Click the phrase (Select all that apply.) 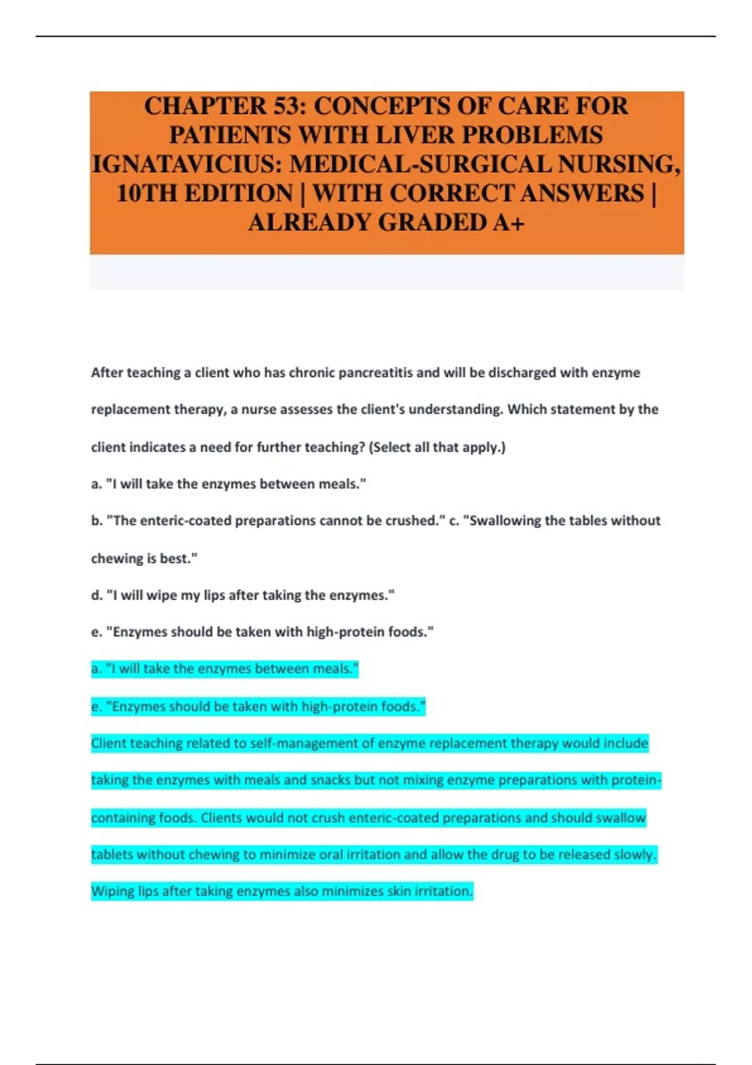(x=437, y=447)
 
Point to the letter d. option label (x=97, y=595)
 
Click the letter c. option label (x=454, y=521)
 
